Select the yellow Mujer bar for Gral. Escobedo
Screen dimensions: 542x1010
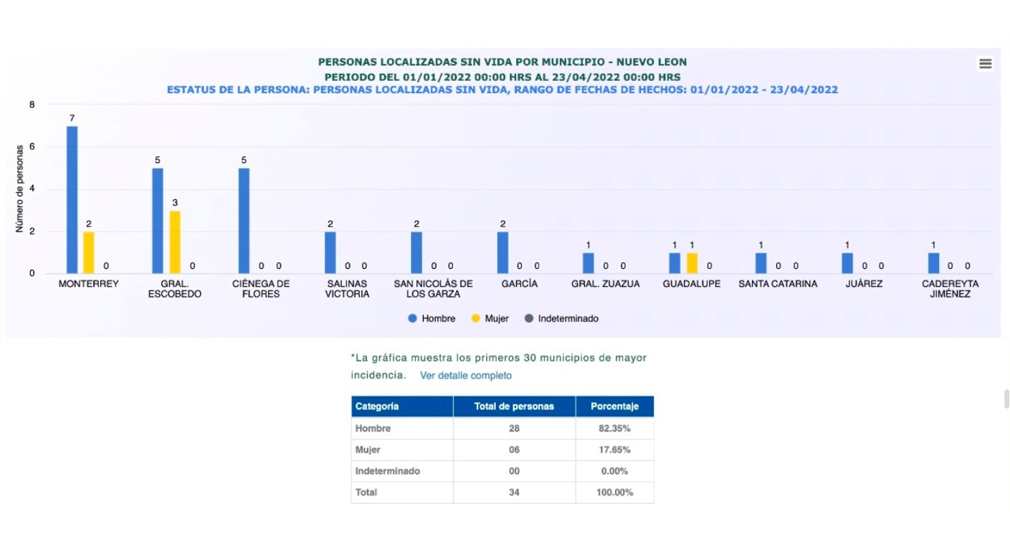click(x=175, y=242)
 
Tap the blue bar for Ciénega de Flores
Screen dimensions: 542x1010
click(x=244, y=220)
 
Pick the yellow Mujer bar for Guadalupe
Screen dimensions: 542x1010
click(x=692, y=263)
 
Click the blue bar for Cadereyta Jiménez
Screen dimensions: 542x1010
click(x=933, y=263)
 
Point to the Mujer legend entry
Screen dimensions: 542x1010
click(x=490, y=318)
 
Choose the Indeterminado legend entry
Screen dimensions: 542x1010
click(x=562, y=318)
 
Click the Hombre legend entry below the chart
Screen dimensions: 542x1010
click(x=432, y=318)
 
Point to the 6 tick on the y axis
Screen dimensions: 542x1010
click(x=32, y=147)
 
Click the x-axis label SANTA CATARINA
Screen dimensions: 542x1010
click(x=778, y=284)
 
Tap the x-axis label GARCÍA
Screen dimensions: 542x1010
click(x=520, y=284)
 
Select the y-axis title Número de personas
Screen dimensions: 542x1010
click(x=20, y=189)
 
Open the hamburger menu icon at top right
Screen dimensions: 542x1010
click(x=986, y=64)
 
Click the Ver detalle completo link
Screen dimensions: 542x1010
click(x=466, y=376)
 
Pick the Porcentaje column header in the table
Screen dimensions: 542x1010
click(x=614, y=406)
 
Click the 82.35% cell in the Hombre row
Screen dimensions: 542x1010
click(x=614, y=429)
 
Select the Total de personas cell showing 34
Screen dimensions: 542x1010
click(x=514, y=493)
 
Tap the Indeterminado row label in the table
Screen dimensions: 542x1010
click(x=388, y=471)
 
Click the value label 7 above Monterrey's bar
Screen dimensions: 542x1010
click(x=72, y=118)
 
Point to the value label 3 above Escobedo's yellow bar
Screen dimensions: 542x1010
click(x=175, y=203)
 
